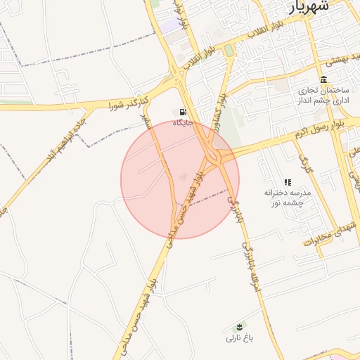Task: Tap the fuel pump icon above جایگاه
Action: point(184,112)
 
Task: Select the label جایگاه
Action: point(184,124)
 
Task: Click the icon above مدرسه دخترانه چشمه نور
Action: point(288,182)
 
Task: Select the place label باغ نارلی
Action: point(240,338)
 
